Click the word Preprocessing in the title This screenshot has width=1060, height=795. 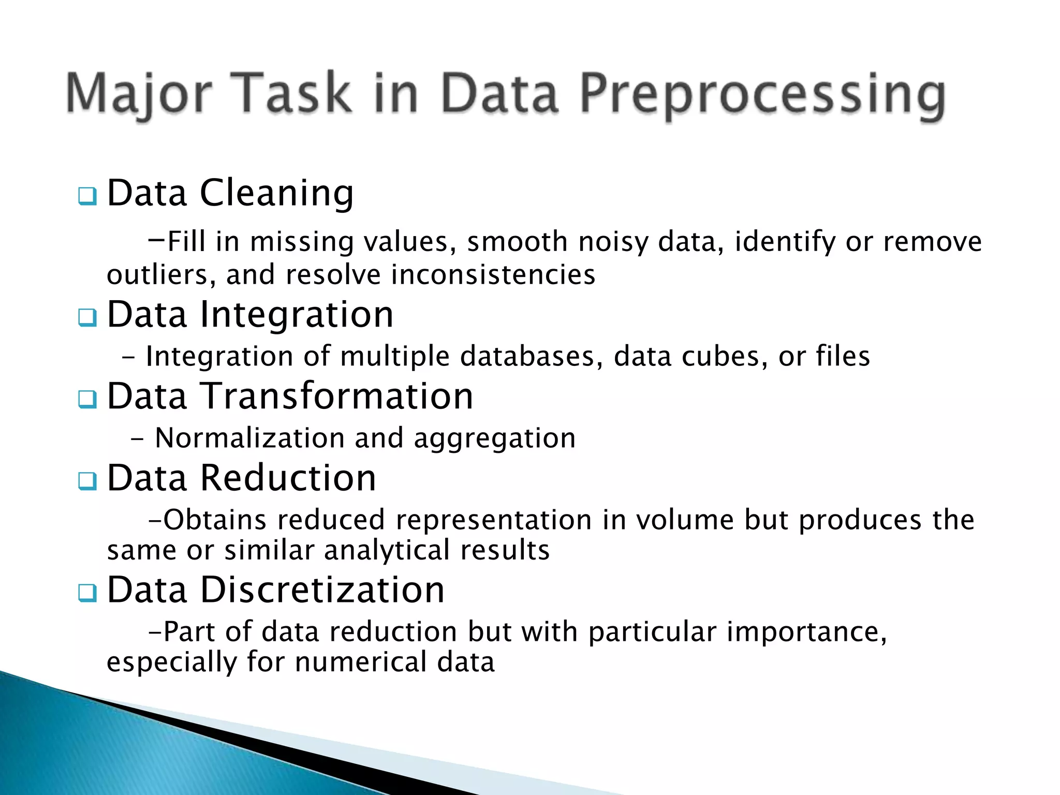(x=762, y=94)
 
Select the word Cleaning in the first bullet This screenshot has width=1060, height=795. (x=276, y=194)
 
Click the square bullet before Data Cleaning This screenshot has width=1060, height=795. (x=87, y=197)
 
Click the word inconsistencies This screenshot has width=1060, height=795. (x=493, y=274)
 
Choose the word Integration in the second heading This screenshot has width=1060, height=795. (x=297, y=315)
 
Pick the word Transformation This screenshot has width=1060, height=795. (x=336, y=396)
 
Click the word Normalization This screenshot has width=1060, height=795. (x=250, y=438)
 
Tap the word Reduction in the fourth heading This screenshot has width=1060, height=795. (x=288, y=478)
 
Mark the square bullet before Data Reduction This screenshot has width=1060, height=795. (x=87, y=481)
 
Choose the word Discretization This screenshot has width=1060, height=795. (x=322, y=590)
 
